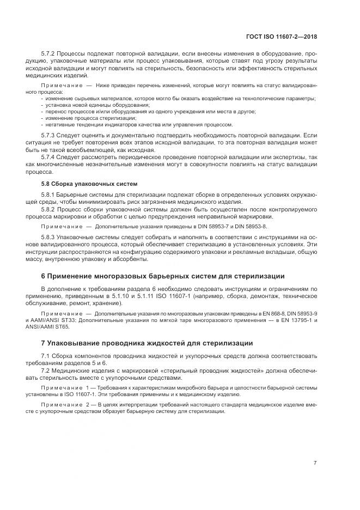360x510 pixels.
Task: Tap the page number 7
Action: coord(315,463)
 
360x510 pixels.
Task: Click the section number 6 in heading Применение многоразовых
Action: coord(44,276)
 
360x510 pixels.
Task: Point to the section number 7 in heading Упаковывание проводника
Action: coord(44,343)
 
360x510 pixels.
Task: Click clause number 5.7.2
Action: coord(49,54)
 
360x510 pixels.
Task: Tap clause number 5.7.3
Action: coord(49,135)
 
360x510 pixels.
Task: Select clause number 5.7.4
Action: coord(49,157)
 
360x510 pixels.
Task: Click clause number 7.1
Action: coord(46,355)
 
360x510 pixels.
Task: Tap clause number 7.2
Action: coord(46,371)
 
